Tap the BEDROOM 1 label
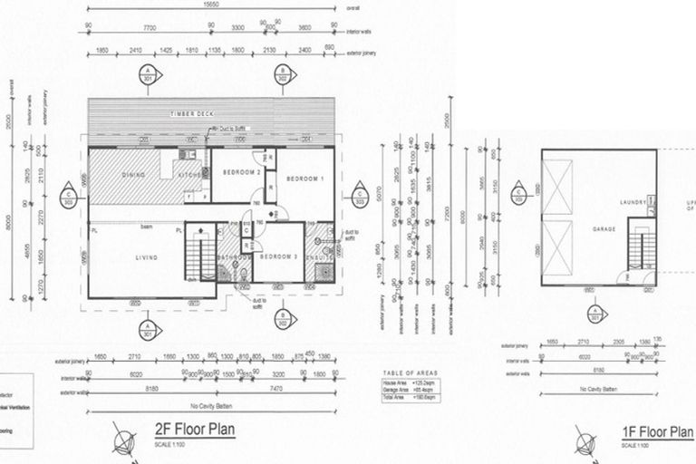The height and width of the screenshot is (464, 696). click(x=304, y=179)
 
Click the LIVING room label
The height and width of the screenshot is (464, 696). click(x=147, y=257)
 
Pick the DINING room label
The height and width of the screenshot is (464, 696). click(x=133, y=175)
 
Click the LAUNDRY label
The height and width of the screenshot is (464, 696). click(x=632, y=202)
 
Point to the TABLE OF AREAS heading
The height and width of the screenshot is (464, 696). click(x=410, y=373)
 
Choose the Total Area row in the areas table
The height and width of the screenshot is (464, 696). click(x=410, y=398)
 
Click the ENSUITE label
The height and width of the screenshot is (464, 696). click(x=319, y=257)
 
